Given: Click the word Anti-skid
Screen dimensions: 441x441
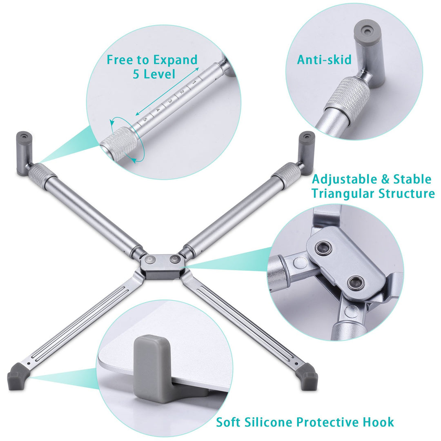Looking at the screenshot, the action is [324, 60].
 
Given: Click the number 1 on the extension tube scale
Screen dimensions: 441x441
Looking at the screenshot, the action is [194, 82].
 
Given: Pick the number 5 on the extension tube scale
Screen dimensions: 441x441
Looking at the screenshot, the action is [145, 119].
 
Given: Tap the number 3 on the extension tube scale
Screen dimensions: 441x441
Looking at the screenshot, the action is [170, 101].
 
